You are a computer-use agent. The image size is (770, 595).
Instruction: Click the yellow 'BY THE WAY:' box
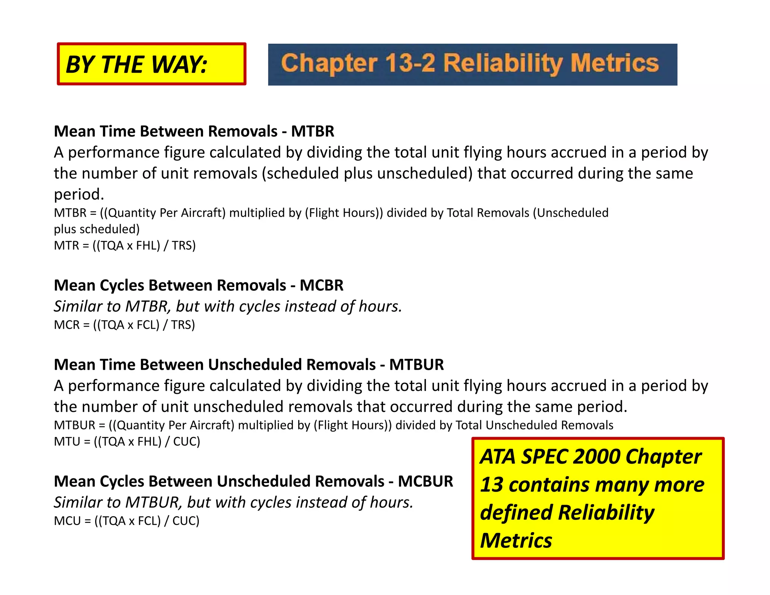tap(151, 64)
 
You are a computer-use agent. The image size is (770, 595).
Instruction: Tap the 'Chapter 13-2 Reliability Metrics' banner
tap(472, 64)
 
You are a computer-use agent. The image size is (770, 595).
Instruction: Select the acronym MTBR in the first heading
tap(312, 131)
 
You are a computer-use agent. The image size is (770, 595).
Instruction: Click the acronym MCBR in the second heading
tap(321, 285)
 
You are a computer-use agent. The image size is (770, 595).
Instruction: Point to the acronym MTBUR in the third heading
tap(416, 365)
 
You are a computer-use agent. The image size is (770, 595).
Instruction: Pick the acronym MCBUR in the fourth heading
tap(425, 481)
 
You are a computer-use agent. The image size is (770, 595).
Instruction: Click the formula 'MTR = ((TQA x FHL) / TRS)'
tap(125, 246)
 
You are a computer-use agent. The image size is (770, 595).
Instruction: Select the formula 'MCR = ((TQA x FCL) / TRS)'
tap(124, 325)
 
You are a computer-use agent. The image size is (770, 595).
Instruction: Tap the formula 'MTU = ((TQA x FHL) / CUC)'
tap(127, 442)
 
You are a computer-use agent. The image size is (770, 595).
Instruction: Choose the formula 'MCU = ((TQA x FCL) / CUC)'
tap(126, 521)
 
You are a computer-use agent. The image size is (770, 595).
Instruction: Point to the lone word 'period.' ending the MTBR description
tap(79, 194)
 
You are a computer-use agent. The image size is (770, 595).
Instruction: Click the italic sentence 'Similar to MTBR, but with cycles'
tap(228, 307)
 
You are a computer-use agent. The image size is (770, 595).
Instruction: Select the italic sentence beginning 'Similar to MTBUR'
tap(233, 502)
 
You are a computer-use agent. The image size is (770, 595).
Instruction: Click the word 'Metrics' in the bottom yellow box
tap(516, 541)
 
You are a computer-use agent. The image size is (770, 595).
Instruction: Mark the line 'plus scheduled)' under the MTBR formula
tap(97, 229)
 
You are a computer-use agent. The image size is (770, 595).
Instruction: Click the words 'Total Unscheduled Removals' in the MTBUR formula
tap(534, 425)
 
